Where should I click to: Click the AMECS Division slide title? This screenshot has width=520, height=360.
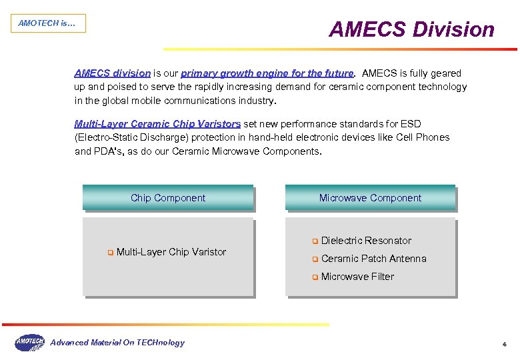tap(411, 30)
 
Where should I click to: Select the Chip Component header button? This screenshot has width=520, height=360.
tap(168, 198)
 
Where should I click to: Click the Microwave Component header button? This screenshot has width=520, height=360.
tap(370, 198)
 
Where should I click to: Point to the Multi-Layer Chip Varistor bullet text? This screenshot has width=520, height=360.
tap(171, 252)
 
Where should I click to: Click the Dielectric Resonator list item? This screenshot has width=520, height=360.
tap(366, 241)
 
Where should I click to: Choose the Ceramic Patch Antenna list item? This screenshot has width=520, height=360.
tap(373, 259)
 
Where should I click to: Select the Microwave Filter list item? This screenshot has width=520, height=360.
tap(357, 277)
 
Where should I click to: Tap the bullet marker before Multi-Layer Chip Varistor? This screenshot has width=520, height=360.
tap(110, 253)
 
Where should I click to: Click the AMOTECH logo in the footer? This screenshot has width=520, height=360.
tap(29, 342)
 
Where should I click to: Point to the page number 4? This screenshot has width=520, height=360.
tap(504, 345)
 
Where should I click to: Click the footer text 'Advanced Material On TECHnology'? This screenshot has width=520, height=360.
tap(118, 343)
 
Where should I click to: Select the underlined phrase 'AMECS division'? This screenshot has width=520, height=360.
tap(112, 73)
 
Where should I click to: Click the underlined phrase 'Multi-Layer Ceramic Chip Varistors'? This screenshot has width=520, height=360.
tap(157, 124)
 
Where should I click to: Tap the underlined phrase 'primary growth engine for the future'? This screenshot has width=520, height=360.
tap(267, 73)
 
